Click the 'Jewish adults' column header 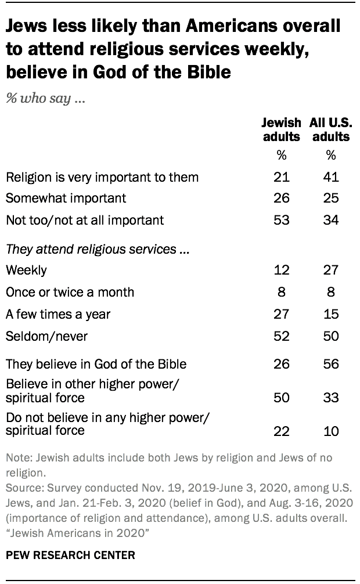click(x=281, y=130)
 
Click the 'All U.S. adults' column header click(x=331, y=130)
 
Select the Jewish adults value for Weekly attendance click(x=282, y=271)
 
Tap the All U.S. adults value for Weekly click(x=331, y=271)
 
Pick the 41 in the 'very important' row click(x=331, y=176)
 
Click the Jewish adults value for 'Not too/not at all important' click(x=282, y=220)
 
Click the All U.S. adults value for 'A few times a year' click(x=331, y=315)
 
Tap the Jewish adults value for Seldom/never click(x=282, y=337)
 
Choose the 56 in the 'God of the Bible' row click(x=331, y=365)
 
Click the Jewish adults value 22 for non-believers click(x=282, y=430)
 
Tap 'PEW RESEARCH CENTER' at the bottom click(x=70, y=556)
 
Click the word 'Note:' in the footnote click(x=19, y=457)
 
